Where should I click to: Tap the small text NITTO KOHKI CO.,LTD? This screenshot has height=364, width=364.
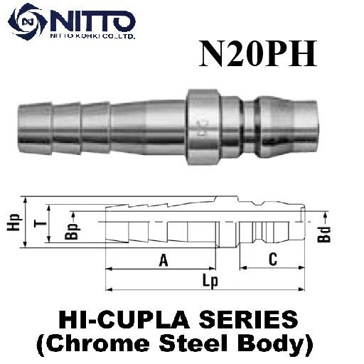pos(91,34)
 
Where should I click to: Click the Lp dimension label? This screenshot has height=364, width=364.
pos(209,281)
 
